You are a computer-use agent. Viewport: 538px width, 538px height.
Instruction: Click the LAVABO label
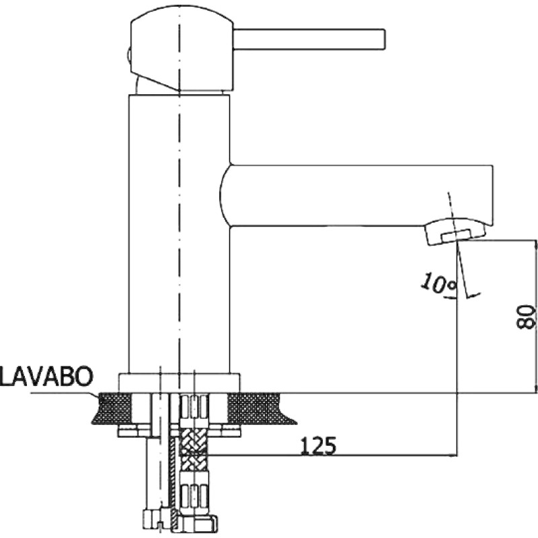46,377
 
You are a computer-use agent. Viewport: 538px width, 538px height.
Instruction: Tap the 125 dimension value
318,445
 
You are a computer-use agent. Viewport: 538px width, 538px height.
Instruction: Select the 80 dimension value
526,317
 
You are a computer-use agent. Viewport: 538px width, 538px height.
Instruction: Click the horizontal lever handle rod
309,40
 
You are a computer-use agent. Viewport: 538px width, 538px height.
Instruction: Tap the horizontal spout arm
357,196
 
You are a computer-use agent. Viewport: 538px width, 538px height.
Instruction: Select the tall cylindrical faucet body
179,234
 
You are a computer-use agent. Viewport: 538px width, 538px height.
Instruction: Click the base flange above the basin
179,383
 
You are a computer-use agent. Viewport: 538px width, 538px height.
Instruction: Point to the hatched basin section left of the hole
113,408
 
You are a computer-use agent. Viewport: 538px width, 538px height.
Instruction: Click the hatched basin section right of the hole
261,408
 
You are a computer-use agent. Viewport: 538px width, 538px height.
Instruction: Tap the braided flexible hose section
194,449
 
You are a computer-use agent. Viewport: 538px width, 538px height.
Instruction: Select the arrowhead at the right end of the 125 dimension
453,456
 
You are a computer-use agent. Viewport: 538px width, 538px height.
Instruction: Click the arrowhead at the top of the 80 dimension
536,243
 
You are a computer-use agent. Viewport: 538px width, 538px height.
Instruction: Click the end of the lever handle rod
384,40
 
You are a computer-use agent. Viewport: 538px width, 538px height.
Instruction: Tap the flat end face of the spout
493,196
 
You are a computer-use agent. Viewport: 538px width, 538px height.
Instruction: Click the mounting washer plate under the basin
179,430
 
